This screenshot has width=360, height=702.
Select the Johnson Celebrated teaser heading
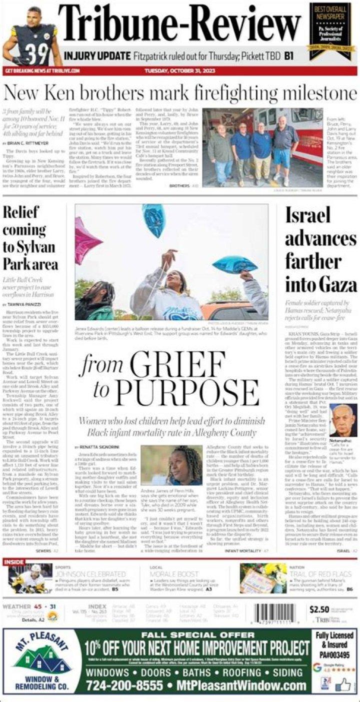click(x=90, y=574)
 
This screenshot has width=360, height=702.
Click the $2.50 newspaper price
click(x=319, y=609)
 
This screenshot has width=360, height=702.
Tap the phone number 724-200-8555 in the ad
click(x=125, y=686)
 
